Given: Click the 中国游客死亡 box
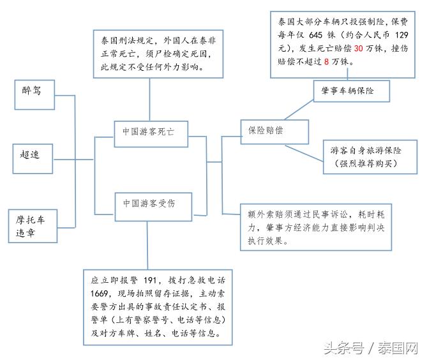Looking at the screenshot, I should tap(149, 131).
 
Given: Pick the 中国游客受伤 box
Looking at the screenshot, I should tap(149, 204).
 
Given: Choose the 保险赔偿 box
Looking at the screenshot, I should tap(274, 130).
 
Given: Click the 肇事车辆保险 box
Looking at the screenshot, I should tap(350, 92).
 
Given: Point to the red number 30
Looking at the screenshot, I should tap(359, 49).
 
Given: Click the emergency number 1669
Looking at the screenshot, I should tap(100, 294).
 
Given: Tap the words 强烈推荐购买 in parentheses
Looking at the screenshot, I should tap(366, 164).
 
